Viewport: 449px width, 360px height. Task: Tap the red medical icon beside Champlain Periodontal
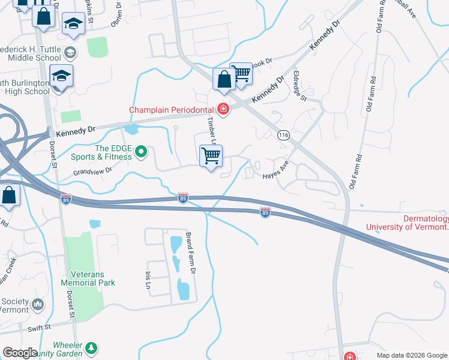click(223, 109)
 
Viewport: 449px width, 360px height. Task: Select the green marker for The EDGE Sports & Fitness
click(141, 152)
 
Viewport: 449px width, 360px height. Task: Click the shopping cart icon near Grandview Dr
click(211, 157)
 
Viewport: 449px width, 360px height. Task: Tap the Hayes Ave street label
click(276, 169)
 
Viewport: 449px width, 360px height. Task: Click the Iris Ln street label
click(148, 279)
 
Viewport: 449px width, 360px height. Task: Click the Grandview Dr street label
click(93, 171)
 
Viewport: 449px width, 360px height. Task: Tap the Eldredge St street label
click(299, 87)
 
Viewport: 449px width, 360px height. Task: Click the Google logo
click(20, 353)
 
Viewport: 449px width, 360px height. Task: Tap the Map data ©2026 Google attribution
click(411, 355)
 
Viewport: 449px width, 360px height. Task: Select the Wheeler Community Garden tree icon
click(91, 348)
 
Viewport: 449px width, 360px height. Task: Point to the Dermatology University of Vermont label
click(408, 223)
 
